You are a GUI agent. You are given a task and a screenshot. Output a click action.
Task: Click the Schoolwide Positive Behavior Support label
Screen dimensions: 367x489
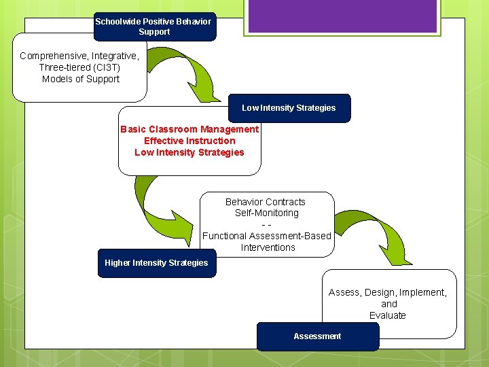tap(154, 27)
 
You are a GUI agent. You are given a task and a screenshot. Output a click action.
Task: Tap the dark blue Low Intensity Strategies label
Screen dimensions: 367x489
tap(289, 108)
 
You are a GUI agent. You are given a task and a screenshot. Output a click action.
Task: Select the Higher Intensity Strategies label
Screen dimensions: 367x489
tap(156, 263)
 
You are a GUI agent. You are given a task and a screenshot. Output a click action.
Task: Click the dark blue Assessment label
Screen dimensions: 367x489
tap(317, 336)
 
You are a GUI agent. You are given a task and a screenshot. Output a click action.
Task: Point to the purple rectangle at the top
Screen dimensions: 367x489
tap(341, 17)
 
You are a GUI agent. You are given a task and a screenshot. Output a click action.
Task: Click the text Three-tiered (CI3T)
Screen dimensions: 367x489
tap(79, 67)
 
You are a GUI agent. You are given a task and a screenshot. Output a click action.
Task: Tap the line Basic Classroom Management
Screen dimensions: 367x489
tap(189, 129)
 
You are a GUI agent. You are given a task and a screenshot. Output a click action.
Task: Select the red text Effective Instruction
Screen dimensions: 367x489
tap(189, 141)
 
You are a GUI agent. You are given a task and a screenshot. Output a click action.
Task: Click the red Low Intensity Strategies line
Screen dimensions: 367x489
tap(189, 152)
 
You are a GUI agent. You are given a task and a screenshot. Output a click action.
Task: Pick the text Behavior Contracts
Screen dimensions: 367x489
tap(266, 202)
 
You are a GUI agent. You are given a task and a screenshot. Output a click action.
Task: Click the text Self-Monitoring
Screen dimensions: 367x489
tap(266, 213)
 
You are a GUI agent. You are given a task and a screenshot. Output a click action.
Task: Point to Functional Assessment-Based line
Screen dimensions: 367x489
tap(266, 236)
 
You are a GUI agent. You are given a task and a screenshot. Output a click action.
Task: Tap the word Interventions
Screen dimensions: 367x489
tap(268, 247)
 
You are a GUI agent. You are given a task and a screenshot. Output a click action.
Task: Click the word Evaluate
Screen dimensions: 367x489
tap(388, 315)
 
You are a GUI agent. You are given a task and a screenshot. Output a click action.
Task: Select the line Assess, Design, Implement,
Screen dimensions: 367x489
tap(388, 292)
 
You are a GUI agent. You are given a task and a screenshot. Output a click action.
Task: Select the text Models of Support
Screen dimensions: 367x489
tap(80, 79)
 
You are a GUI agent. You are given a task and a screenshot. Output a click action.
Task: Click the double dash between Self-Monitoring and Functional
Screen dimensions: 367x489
tap(266, 224)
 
